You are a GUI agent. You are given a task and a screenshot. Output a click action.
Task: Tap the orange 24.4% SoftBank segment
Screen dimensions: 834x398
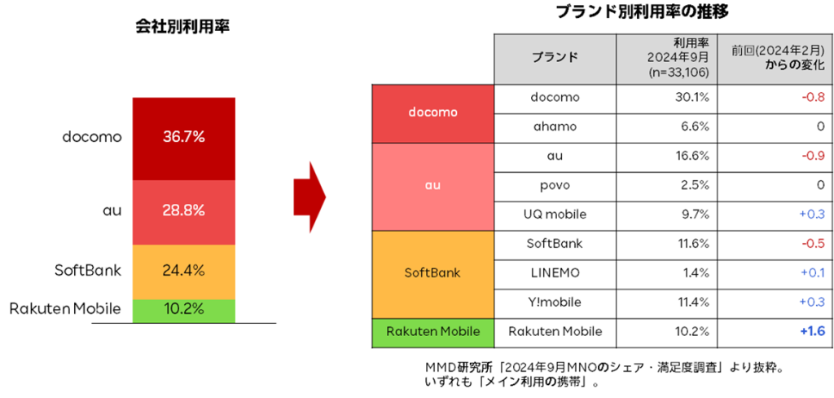(183, 272)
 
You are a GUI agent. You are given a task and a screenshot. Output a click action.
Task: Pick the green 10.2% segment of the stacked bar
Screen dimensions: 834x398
(183, 311)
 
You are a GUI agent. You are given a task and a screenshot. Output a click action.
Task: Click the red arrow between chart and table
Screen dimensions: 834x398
(309, 197)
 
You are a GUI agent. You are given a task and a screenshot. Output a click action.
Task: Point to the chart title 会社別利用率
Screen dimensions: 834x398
(182, 27)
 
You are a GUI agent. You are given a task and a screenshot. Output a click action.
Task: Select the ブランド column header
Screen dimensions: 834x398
(555, 58)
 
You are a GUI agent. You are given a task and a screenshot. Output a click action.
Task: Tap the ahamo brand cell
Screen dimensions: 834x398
(555, 128)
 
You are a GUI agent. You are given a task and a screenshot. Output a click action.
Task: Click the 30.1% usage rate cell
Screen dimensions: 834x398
(667, 99)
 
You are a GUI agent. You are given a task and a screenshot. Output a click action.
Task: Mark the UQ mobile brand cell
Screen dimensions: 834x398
(555, 214)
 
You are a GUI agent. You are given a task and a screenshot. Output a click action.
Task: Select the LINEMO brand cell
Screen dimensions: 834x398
(555, 273)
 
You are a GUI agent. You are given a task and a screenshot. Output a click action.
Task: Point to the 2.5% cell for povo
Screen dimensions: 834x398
(667, 186)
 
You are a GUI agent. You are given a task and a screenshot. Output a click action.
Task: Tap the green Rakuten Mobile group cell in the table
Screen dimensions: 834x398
(433, 333)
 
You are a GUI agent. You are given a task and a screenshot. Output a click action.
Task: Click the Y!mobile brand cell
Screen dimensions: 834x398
(555, 303)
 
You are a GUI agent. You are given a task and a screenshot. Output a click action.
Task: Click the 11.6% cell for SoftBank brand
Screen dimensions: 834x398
(667, 245)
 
